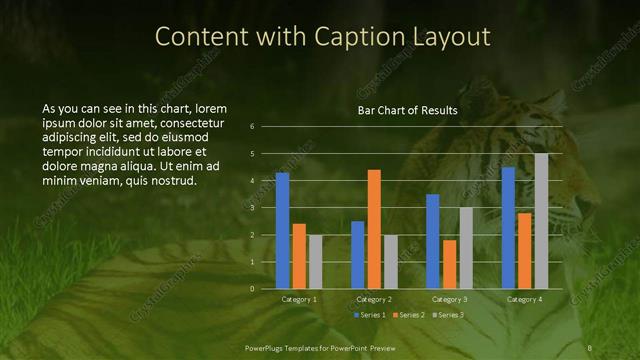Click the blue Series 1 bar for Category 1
pyautogui.click(x=282, y=231)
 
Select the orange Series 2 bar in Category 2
pyautogui.click(x=374, y=229)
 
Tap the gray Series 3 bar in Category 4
pyautogui.click(x=541, y=221)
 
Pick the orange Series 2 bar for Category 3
pyautogui.click(x=449, y=264)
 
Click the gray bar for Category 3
pyautogui.click(x=466, y=248)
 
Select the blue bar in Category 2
pyautogui.click(x=357, y=255)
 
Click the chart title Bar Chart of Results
pyautogui.click(x=408, y=111)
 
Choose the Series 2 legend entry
pyautogui.click(x=410, y=315)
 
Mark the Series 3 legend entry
pyautogui.click(x=449, y=315)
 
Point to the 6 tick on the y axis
pyautogui.click(x=253, y=126)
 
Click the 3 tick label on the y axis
pyautogui.click(x=253, y=208)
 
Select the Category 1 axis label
pyautogui.click(x=298, y=299)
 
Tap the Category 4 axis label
pyautogui.click(x=524, y=299)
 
